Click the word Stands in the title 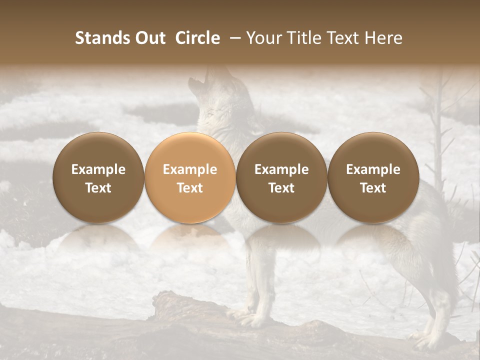(103, 38)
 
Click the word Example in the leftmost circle (98, 169)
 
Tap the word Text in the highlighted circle (190, 188)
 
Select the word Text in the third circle (281, 188)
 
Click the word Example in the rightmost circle (373, 169)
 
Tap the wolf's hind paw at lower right (425, 340)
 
